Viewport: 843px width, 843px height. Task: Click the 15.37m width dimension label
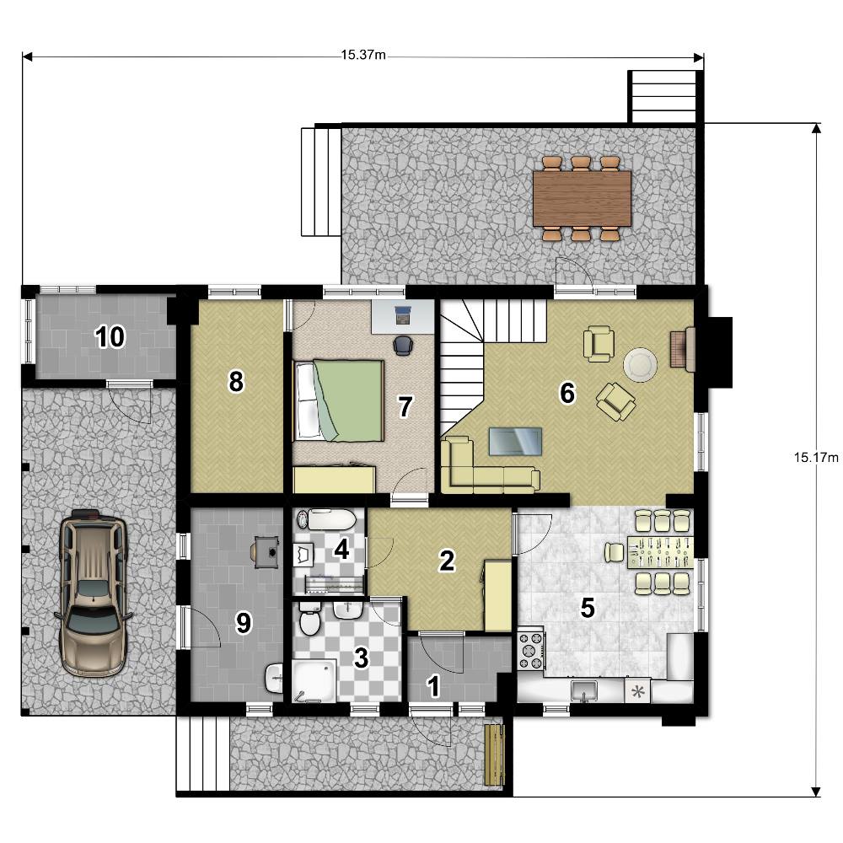pos(363,55)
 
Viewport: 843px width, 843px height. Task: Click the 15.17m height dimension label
pos(816,458)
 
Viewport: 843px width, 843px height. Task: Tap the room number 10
pos(110,337)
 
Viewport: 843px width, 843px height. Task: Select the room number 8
pos(236,382)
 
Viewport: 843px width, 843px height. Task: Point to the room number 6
pos(567,393)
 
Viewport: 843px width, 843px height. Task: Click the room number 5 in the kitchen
pos(588,608)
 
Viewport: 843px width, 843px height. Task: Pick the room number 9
pos(244,623)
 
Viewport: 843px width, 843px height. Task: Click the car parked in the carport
pos(94,593)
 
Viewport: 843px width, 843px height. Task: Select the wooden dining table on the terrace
pos(582,198)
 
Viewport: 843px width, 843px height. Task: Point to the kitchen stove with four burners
pos(530,651)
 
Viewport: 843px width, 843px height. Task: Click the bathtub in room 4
pos(326,520)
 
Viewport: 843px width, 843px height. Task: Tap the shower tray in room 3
pos(314,680)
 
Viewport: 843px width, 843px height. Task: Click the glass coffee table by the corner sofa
pos(515,441)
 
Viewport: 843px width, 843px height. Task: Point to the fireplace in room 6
pos(683,350)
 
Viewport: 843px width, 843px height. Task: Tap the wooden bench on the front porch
pos(495,755)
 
